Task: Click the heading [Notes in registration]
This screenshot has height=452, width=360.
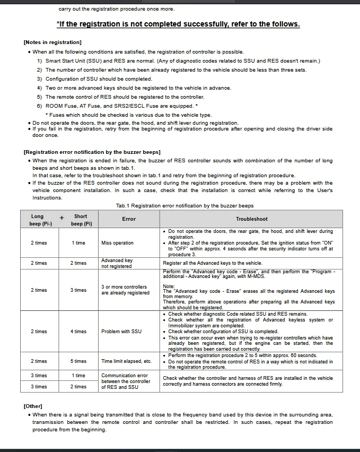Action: [x=52, y=42]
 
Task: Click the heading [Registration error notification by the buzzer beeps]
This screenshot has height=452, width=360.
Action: [x=92, y=152]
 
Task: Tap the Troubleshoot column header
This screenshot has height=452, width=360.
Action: [x=251, y=219]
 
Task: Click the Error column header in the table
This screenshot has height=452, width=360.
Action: [x=129, y=219]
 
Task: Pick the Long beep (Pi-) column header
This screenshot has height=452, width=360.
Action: [x=38, y=220]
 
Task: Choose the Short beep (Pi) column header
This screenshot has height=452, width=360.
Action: [x=81, y=220]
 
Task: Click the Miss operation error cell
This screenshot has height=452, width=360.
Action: [x=117, y=243]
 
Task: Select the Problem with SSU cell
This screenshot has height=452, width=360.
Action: [x=121, y=332]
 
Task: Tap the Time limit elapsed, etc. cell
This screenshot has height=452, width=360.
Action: [x=126, y=361]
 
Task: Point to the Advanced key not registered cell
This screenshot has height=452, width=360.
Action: [x=117, y=263]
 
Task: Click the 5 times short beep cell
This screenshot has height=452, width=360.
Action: [x=80, y=361]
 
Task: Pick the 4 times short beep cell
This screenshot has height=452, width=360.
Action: [x=80, y=332]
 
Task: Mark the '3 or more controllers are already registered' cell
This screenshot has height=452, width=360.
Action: [x=125, y=290]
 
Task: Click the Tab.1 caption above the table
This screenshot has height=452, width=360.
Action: [x=185, y=206]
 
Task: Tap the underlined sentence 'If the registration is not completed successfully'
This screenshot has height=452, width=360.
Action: [x=178, y=24]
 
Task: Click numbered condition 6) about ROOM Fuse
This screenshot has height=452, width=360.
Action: [x=118, y=106]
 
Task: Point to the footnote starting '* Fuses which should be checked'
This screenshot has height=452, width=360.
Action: [x=129, y=115]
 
